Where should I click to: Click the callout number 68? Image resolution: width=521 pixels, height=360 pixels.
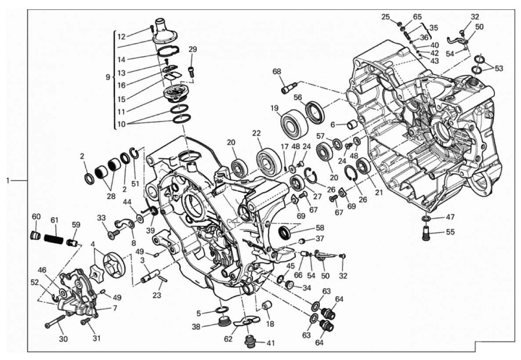(x=276, y=72)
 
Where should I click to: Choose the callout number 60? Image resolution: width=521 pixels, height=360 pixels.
(x=36, y=217)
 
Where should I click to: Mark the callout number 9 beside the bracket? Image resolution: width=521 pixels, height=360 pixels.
(x=108, y=77)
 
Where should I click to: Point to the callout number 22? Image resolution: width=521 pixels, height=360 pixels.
(x=256, y=133)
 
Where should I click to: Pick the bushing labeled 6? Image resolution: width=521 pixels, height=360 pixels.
(x=353, y=125)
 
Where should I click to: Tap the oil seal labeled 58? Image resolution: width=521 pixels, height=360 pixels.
(x=284, y=232)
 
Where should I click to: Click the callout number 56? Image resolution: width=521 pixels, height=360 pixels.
(x=298, y=97)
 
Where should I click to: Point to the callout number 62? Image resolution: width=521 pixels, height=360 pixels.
(x=228, y=339)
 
